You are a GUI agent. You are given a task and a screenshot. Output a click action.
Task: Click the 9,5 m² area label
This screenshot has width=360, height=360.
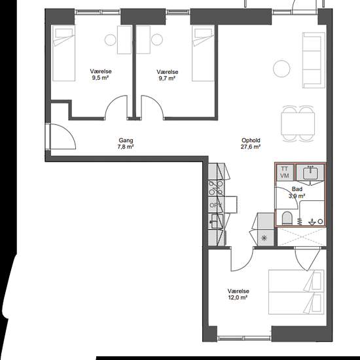click(100, 78)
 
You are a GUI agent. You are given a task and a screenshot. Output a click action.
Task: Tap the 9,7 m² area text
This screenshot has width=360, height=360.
click(167, 79)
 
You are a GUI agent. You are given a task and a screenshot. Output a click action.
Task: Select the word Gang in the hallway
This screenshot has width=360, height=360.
click(126, 140)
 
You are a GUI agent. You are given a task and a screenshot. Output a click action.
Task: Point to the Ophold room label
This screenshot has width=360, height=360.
click(251, 140)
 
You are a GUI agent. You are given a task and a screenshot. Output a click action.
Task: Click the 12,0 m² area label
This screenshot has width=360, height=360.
click(238, 298)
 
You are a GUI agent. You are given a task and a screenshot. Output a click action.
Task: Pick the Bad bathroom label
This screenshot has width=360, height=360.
click(297, 189)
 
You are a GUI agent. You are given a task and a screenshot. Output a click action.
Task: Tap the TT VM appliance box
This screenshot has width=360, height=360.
click(285, 172)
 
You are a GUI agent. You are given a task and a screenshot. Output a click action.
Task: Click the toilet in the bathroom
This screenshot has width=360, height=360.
click(287, 218)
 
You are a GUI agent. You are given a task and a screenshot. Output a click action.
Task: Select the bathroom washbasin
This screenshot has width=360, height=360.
click(310, 173)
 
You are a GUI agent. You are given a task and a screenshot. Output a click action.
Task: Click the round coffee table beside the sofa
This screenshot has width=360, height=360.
click(281, 69)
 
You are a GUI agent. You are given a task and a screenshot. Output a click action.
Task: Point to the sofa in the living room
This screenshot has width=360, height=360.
click(314, 60)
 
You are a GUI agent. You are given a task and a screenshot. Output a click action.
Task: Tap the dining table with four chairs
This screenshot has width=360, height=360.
click(298, 124)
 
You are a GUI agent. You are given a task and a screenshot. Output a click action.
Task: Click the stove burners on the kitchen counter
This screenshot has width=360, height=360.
click(216, 189)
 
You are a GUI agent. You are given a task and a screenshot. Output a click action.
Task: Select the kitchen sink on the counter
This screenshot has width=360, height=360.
click(216, 221)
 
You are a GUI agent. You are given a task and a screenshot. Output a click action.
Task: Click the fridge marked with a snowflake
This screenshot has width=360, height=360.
click(266, 238)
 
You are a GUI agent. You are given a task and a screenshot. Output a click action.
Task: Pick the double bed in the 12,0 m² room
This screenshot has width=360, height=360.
click(296, 292)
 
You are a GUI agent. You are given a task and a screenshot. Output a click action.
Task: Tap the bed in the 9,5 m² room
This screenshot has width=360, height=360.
click(64, 53)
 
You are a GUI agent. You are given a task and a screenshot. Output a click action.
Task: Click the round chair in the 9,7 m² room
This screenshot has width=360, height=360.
click(157, 40)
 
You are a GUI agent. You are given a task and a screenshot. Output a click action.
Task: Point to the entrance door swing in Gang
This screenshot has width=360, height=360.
click(63, 137)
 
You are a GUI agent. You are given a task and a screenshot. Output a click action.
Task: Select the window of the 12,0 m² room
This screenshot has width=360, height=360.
click(244, 338)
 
